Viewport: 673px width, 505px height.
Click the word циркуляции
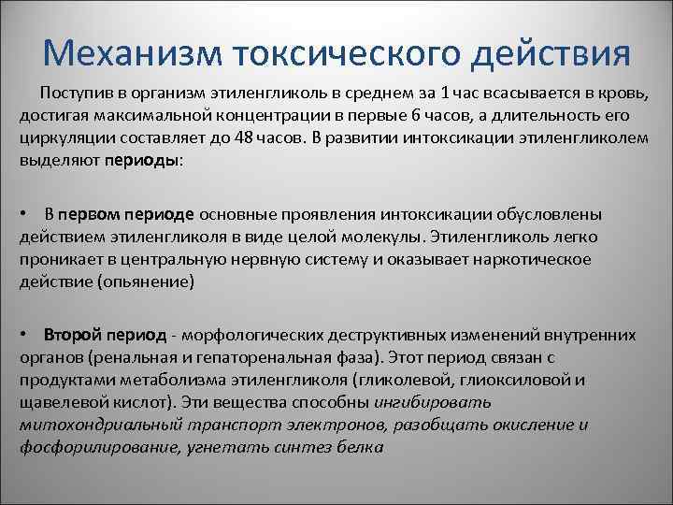coord(59,137)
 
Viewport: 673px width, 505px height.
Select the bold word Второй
coord(69,336)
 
